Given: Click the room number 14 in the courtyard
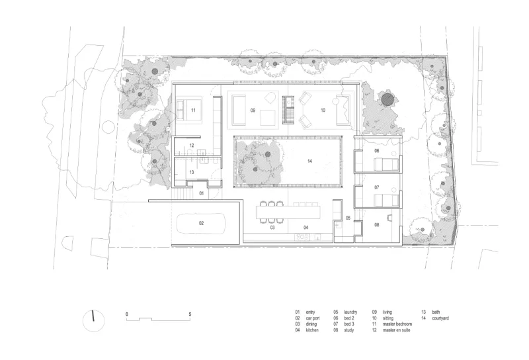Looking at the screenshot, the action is [x=309, y=161].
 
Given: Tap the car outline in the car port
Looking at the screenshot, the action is [x=202, y=223].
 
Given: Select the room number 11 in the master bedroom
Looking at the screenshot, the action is [x=193, y=110].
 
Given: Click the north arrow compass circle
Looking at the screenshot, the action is [x=93, y=320].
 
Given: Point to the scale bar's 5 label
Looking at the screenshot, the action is [x=190, y=314].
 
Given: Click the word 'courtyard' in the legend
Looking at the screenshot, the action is [x=440, y=318].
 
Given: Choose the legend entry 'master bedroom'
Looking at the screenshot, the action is [x=397, y=324].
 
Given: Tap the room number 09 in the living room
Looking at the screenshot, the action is [x=253, y=111].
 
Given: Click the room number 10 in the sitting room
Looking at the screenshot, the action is [x=323, y=110].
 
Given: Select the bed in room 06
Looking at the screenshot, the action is [x=386, y=165].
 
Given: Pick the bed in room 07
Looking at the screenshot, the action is [x=386, y=201].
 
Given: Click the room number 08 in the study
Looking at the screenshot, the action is [x=376, y=224].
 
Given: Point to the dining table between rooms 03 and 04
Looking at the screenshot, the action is [x=288, y=212].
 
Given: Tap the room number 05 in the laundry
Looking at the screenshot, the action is [x=348, y=218].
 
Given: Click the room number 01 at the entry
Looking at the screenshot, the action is [x=202, y=193].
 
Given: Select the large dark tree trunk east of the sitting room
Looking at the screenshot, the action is [x=387, y=99].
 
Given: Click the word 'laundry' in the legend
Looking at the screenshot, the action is [x=350, y=312].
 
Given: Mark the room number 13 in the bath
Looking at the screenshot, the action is [x=192, y=172].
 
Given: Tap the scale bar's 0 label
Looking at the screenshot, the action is [x=127, y=314].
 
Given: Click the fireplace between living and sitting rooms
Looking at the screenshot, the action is [x=288, y=110].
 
